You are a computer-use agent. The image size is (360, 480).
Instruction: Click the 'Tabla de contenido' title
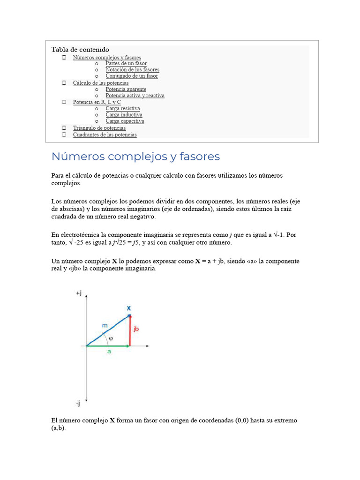point(80,49)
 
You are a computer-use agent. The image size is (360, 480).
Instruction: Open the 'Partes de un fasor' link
point(126,63)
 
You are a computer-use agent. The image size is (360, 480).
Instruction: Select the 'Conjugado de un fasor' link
point(132,76)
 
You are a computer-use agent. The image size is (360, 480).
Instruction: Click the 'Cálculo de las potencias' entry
point(100,83)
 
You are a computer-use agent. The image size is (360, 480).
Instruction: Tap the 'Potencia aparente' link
point(126,89)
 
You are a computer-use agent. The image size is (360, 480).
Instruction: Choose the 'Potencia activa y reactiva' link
point(135,96)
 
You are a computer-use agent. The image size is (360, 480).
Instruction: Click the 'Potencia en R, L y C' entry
point(97,102)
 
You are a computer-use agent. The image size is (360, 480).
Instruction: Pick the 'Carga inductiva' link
point(124,115)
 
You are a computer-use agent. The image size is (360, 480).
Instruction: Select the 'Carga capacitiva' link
point(125,121)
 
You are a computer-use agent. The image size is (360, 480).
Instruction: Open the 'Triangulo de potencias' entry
point(99,128)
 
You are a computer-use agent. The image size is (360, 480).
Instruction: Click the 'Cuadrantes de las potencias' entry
point(105,135)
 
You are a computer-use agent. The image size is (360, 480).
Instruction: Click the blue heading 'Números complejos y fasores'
point(135,157)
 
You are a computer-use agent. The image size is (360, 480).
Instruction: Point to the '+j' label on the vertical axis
point(79,293)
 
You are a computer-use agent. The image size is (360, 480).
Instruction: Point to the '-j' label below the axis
point(78,403)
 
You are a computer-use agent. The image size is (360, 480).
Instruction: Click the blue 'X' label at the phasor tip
point(129,308)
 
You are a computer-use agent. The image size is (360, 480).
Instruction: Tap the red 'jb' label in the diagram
point(136,329)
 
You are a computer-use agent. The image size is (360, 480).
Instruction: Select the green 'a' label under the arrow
point(109,352)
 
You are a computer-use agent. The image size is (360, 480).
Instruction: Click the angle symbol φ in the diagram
point(111,338)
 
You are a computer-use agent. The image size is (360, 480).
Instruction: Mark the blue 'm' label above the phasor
point(105,325)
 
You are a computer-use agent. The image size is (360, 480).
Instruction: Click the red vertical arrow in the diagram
point(130,330)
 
